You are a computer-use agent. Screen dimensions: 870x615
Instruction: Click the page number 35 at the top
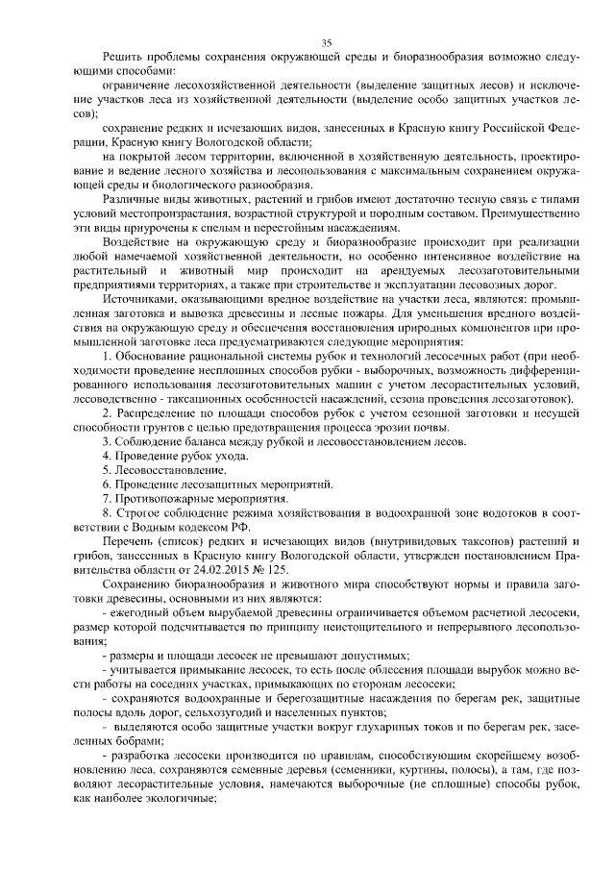point(326,42)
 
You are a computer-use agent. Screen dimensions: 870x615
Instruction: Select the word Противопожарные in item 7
point(165,500)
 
